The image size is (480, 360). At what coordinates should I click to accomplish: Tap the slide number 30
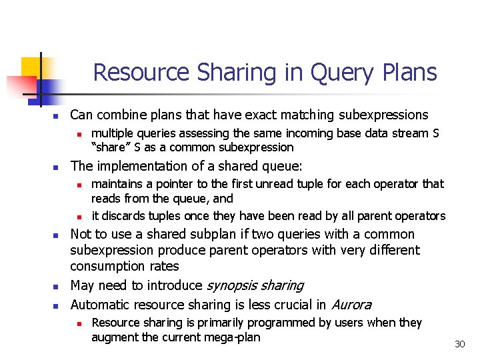point(459,344)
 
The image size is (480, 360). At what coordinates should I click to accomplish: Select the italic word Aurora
point(351,305)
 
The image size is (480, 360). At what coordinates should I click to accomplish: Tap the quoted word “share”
point(109,147)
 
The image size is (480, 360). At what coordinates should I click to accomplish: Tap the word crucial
point(291,305)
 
